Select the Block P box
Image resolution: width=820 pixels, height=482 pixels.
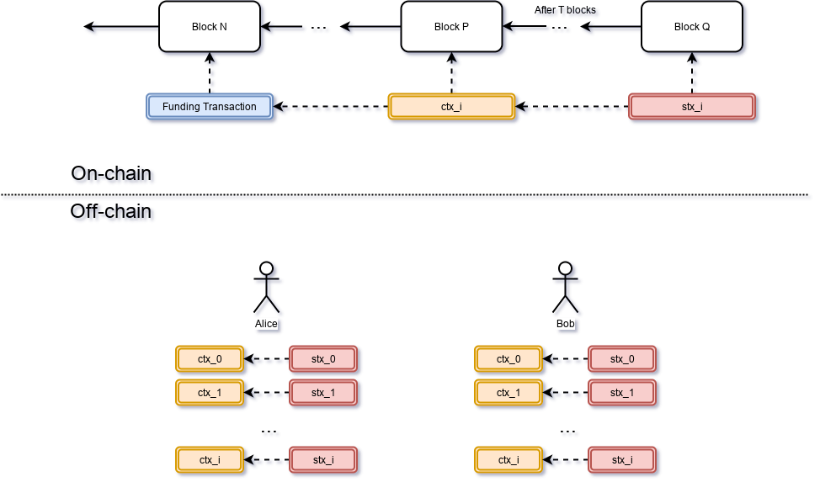click(451, 27)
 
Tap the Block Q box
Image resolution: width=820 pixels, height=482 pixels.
click(692, 27)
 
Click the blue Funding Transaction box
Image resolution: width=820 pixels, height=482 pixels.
click(210, 107)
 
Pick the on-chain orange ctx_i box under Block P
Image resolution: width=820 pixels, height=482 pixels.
click(451, 107)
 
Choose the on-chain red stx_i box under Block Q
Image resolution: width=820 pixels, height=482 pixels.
click(692, 107)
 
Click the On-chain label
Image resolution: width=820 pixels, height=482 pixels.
click(114, 175)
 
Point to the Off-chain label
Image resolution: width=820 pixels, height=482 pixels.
click(114, 212)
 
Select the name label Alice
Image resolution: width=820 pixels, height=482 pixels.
click(266, 324)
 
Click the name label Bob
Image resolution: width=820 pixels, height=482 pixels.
click(567, 324)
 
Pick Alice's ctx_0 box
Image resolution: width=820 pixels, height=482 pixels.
click(210, 359)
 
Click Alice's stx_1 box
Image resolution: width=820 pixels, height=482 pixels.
click(323, 393)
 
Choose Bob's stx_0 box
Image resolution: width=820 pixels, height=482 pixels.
click(622, 359)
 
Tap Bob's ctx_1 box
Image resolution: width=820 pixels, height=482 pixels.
click(509, 393)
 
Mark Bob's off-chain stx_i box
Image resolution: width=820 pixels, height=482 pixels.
click(622, 460)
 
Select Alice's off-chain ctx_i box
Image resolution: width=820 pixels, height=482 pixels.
click(210, 460)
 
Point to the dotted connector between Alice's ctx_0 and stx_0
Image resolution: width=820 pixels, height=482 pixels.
click(267, 360)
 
